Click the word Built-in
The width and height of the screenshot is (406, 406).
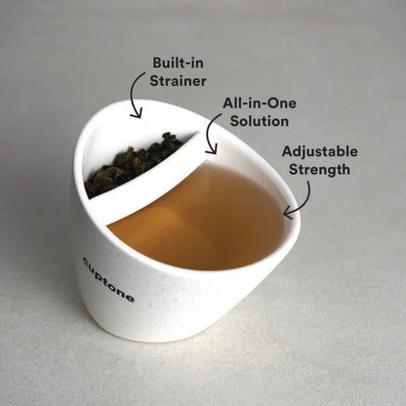coord(176,61)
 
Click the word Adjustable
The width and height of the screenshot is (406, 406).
coord(319,151)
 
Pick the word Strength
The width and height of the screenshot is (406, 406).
coord(319,169)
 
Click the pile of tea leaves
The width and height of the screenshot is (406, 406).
coord(132,164)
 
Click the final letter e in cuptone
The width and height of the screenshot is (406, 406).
coord(130,298)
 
